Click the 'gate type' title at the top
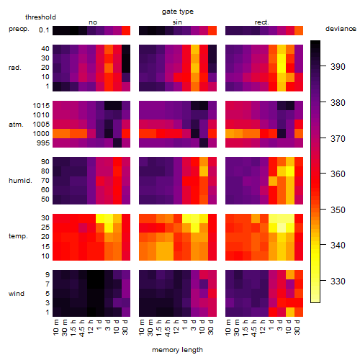pyautogui.click(x=178, y=12)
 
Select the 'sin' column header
pyautogui.click(x=177, y=22)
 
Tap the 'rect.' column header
pyautogui.click(x=262, y=22)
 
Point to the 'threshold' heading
pyautogui.click(x=40, y=17)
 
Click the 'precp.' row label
pyautogui.click(x=19, y=29)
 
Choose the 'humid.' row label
pyautogui.click(x=20, y=181)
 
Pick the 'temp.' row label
pyautogui.click(x=18, y=236)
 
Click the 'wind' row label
pyautogui.click(x=17, y=294)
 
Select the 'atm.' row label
pyautogui.click(x=16, y=125)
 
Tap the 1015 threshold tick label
pyautogui.click(x=41, y=106)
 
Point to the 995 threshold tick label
pyautogui.click(x=43, y=143)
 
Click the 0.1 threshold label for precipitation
pyautogui.click(x=44, y=30)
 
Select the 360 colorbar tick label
pyautogui.click(x=338, y=174)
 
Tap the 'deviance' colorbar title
pyautogui.click(x=341, y=29)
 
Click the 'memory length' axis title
pyautogui.click(x=178, y=350)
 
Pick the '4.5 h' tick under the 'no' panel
pyautogui.click(x=82, y=328)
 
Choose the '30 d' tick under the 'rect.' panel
pyautogui.click(x=297, y=327)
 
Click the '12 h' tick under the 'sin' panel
pyautogui.click(x=176, y=327)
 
